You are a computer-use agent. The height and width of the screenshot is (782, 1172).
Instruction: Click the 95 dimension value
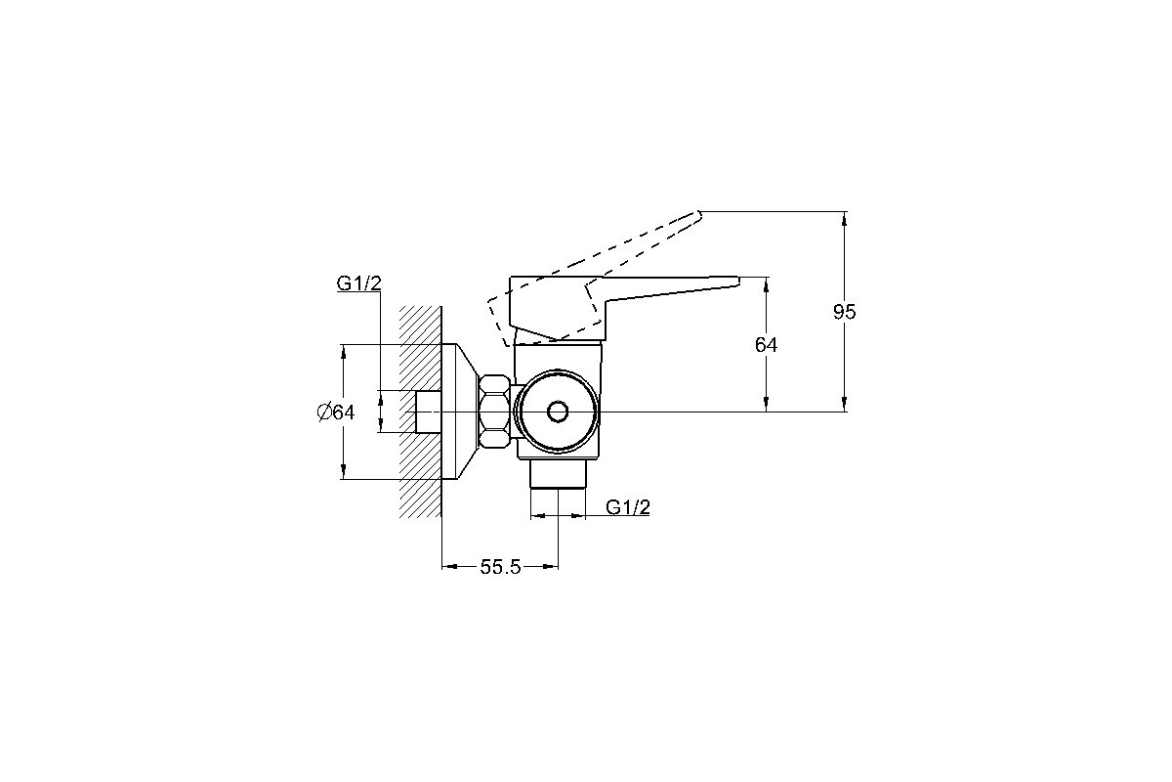(844, 312)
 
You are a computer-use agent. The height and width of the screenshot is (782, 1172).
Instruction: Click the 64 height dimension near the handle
(766, 345)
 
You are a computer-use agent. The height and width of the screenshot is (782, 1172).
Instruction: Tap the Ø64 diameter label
(336, 413)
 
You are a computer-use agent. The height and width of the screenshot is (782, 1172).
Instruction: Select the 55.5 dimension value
(500, 567)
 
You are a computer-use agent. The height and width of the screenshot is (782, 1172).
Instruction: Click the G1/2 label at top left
(359, 283)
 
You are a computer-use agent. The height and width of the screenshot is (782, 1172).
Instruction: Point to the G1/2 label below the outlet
(628, 507)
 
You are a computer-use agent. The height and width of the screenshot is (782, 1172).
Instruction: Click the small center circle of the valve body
(558, 412)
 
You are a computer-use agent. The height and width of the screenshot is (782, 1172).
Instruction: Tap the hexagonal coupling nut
(494, 412)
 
